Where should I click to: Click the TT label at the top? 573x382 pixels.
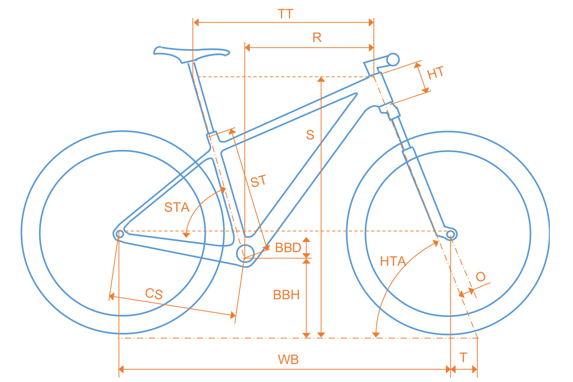tap(286, 14)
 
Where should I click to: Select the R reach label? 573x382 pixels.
tap(317, 38)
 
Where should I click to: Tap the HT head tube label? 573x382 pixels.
tap(436, 73)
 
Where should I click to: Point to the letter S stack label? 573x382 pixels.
tap(310, 135)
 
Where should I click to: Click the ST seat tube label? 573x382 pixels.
tap(258, 182)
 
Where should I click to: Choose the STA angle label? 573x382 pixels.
tap(177, 207)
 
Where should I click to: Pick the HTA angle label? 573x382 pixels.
tap(392, 261)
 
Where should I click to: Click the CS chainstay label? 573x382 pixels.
tap(154, 294)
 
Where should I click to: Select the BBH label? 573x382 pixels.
tap(286, 295)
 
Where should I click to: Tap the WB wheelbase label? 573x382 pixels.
tap(288, 360)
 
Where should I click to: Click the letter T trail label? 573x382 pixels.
tap(463, 357)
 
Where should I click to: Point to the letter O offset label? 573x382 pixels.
tap(481, 277)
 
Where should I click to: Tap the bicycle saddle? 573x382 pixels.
tap(192, 54)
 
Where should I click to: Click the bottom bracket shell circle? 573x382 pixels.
tap(245, 252)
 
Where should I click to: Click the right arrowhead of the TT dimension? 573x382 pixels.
tap(371, 22)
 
